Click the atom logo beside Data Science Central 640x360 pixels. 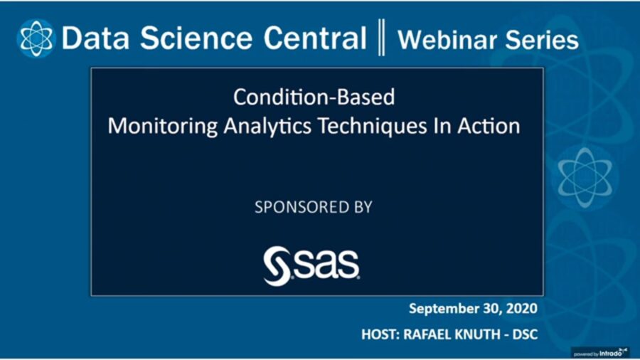(36, 37)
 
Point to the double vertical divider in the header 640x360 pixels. (381, 38)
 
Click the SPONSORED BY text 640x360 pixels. (314, 207)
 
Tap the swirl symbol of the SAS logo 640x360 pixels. (276, 265)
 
